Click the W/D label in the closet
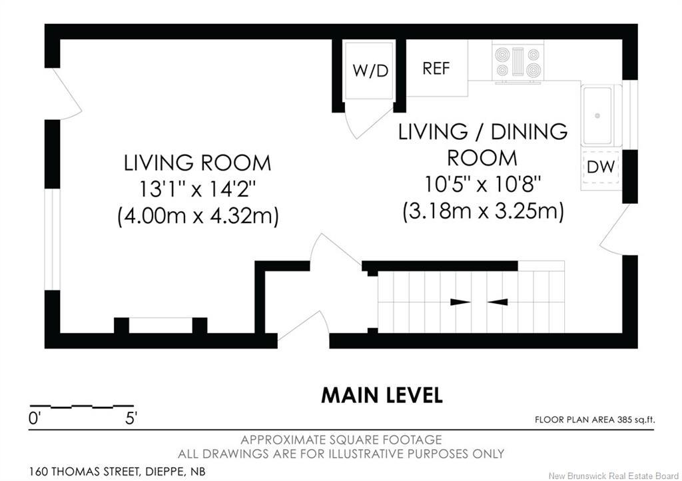coord(370,71)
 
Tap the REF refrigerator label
coord(436,68)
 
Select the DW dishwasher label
coord(601,167)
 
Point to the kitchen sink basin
coord(597,116)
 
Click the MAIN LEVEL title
coord(382,395)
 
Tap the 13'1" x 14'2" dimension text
coord(197,190)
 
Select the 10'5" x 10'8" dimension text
coord(482,185)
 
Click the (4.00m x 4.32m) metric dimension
coord(198,216)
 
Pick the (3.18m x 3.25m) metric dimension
coord(484,212)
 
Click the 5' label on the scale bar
coord(131,419)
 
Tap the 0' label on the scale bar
coord(35,419)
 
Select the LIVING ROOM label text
coord(197,163)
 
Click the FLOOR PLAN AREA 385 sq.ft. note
coord(595,420)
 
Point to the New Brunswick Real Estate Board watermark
coord(613,476)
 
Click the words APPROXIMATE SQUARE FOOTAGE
coord(342,440)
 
